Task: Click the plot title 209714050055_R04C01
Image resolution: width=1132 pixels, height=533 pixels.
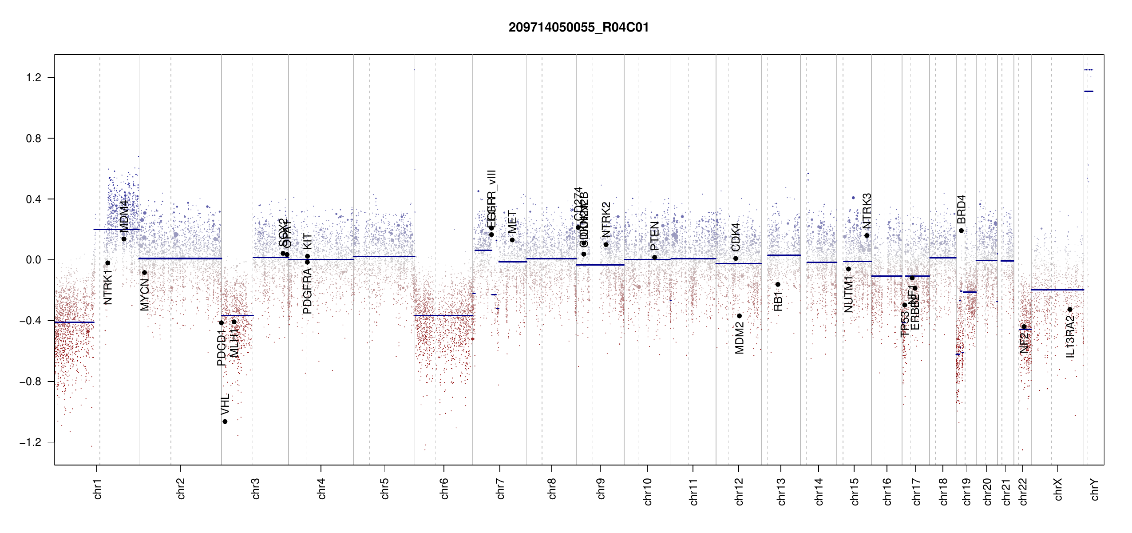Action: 578,28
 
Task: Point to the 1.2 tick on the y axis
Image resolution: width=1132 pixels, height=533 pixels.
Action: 34,78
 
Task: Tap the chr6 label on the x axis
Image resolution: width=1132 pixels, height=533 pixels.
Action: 444,489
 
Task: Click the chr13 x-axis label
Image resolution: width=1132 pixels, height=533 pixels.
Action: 781,491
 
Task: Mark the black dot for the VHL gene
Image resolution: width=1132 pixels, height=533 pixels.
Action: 225,422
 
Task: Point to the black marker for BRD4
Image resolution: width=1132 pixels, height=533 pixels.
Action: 961,231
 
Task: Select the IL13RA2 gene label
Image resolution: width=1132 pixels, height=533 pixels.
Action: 1070,336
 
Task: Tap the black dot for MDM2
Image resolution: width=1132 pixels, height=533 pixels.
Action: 740,316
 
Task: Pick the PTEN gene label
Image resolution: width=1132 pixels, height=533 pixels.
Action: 654,236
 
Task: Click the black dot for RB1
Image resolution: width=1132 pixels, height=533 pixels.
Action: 778,284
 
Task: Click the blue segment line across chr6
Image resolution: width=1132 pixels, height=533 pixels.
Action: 444,315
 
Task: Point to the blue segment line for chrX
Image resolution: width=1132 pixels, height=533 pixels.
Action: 1057,290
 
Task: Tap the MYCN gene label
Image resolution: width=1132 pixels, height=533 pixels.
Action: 145,294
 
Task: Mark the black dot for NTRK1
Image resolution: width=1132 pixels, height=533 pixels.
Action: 107,263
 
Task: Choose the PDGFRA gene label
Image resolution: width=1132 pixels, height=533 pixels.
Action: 307,291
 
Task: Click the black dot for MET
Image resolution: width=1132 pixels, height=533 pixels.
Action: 512,240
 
